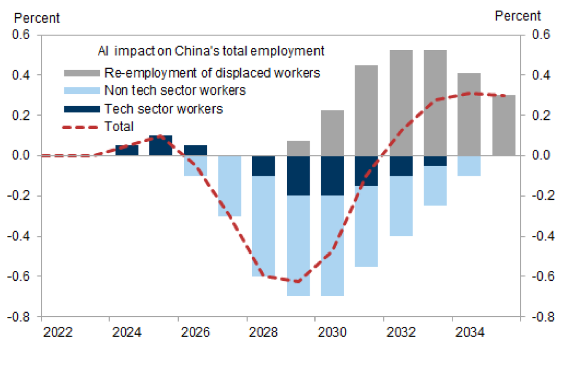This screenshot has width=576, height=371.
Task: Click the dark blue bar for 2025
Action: coord(161,145)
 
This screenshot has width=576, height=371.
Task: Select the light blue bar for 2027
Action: coord(229,186)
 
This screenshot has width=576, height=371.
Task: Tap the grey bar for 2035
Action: coord(504,125)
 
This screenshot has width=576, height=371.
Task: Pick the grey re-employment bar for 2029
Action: coord(298,148)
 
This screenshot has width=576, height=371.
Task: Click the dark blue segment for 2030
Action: coord(332,176)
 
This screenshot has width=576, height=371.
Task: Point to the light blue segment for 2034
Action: coord(469,165)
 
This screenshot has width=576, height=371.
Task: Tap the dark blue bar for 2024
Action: coord(127,150)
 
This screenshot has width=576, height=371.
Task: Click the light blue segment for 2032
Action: coord(401,206)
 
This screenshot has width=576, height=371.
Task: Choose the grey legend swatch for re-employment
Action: coord(82,73)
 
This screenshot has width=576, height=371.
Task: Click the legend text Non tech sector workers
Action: coord(175,90)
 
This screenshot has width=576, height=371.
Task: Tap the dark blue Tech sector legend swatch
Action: coord(82,108)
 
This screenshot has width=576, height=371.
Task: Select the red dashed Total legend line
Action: coord(82,126)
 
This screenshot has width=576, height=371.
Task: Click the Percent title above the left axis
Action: coord(37,18)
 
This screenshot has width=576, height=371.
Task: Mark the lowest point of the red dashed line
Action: coord(297,282)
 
